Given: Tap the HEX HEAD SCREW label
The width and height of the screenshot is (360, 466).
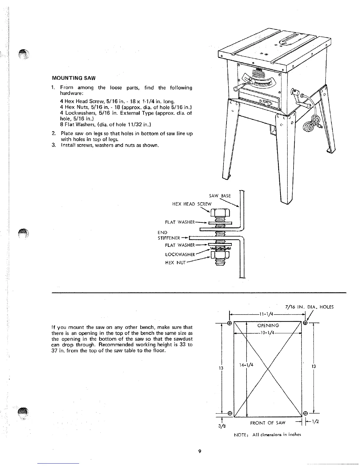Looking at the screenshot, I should (x=192, y=204).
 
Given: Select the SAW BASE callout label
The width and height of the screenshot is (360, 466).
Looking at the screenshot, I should (x=220, y=196).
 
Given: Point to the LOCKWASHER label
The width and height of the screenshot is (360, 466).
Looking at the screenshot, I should (x=180, y=254).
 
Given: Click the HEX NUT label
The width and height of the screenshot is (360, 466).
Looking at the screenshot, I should (x=176, y=263).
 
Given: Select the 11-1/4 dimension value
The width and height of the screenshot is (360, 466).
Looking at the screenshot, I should (x=266, y=314).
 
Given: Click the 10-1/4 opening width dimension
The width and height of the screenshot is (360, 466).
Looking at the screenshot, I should (x=267, y=333).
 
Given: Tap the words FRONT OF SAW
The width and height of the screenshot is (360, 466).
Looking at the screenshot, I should (x=268, y=423).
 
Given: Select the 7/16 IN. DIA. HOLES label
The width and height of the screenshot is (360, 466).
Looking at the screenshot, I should (x=309, y=307).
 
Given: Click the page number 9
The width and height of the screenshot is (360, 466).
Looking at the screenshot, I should (x=199, y=452).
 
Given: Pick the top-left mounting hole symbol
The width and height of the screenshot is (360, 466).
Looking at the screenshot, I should (x=230, y=323).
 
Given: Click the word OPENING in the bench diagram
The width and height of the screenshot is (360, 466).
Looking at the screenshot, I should (x=268, y=325).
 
